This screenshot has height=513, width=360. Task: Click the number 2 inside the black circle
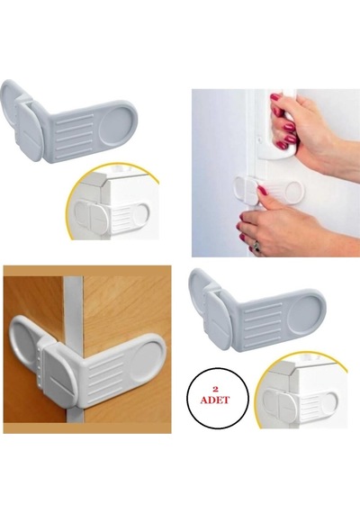click(215, 390)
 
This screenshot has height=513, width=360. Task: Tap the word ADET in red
click(215, 400)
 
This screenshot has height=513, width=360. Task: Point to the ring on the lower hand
click(256, 246)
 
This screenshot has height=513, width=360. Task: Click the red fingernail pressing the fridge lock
click(263, 190)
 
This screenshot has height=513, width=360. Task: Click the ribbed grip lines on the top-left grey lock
click(75, 135)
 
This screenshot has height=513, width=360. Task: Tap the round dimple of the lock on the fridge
click(293, 190)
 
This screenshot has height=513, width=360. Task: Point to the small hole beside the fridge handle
click(259, 139)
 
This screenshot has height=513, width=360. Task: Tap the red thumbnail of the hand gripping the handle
click(275, 97)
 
